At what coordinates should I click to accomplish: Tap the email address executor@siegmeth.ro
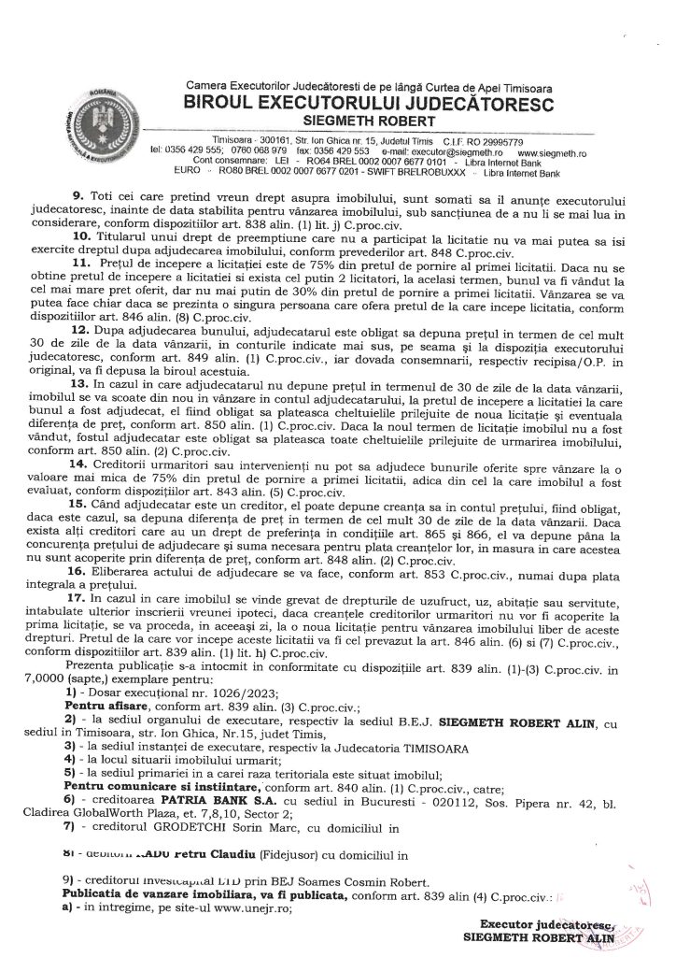pos(447,150)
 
